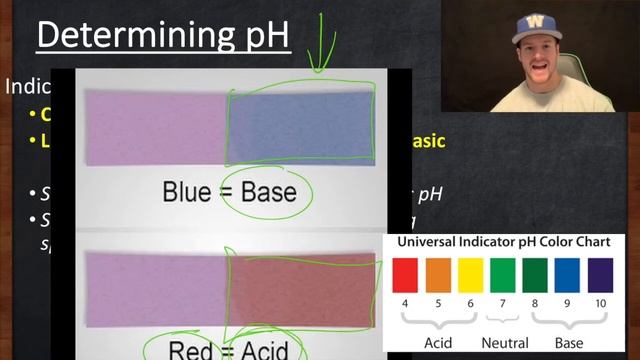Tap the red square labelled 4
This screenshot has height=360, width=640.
click(405, 275)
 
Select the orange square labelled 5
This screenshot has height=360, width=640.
click(437, 275)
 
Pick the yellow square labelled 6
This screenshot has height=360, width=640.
click(470, 275)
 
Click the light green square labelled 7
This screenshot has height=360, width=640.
click(503, 275)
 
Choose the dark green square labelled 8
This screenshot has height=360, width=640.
click(535, 275)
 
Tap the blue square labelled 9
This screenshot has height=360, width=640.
click(567, 275)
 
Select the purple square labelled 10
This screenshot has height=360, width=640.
click(600, 275)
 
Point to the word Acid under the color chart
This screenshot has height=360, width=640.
click(437, 342)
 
